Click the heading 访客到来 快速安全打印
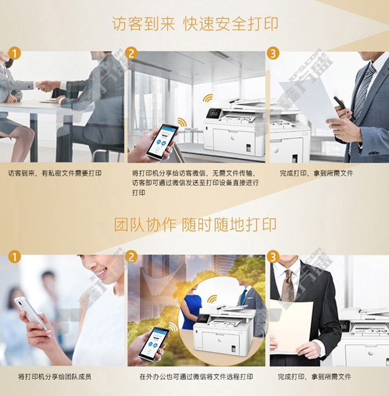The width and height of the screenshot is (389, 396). point(195,24)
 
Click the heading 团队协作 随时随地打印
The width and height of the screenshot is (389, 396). point(195,224)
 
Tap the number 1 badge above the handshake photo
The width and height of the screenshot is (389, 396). point(15,54)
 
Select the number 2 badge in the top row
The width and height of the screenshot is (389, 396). point(131,53)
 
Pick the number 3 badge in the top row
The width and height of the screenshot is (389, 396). point(273,53)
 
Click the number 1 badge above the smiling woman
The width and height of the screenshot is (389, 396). point(15,257)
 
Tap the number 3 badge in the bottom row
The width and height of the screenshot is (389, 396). point(273,257)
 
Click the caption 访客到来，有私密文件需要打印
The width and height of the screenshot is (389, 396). point(55,173)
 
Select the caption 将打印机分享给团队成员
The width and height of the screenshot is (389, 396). point(54,377)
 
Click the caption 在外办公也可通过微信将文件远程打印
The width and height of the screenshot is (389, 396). point(196,377)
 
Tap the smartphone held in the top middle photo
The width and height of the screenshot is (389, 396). point(161,142)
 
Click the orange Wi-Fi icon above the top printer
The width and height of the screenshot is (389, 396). point(209,98)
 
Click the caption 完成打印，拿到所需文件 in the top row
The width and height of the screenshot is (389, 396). point(316,173)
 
